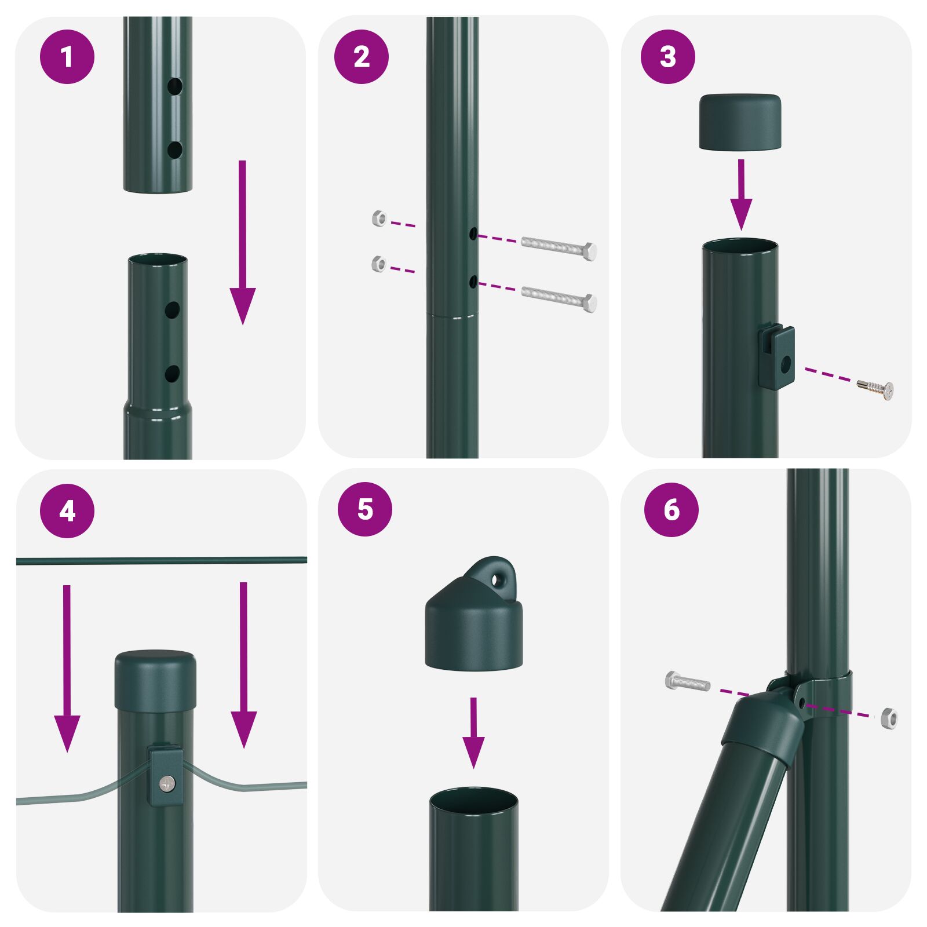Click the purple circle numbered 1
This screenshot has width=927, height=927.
[x=67, y=57]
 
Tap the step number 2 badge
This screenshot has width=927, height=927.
[x=361, y=57]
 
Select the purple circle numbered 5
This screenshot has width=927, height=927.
[x=364, y=509]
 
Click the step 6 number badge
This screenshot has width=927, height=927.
[x=671, y=509]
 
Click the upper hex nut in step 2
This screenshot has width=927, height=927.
[x=379, y=219]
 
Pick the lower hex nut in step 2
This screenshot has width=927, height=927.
[x=378, y=264]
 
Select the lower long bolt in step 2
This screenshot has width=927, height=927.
[x=559, y=298]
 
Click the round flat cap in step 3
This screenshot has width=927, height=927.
[x=740, y=122]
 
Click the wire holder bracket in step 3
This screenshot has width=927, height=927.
[x=777, y=358]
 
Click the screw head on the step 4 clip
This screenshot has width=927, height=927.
[x=168, y=783]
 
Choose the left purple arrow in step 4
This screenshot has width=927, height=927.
[x=67, y=666]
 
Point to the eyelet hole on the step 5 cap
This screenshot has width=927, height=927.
[x=497, y=579]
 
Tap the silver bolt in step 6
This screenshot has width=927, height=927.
[x=688, y=681]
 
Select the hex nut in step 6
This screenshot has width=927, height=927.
[x=889, y=718]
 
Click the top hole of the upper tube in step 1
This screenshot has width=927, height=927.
[x=174, y=87]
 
